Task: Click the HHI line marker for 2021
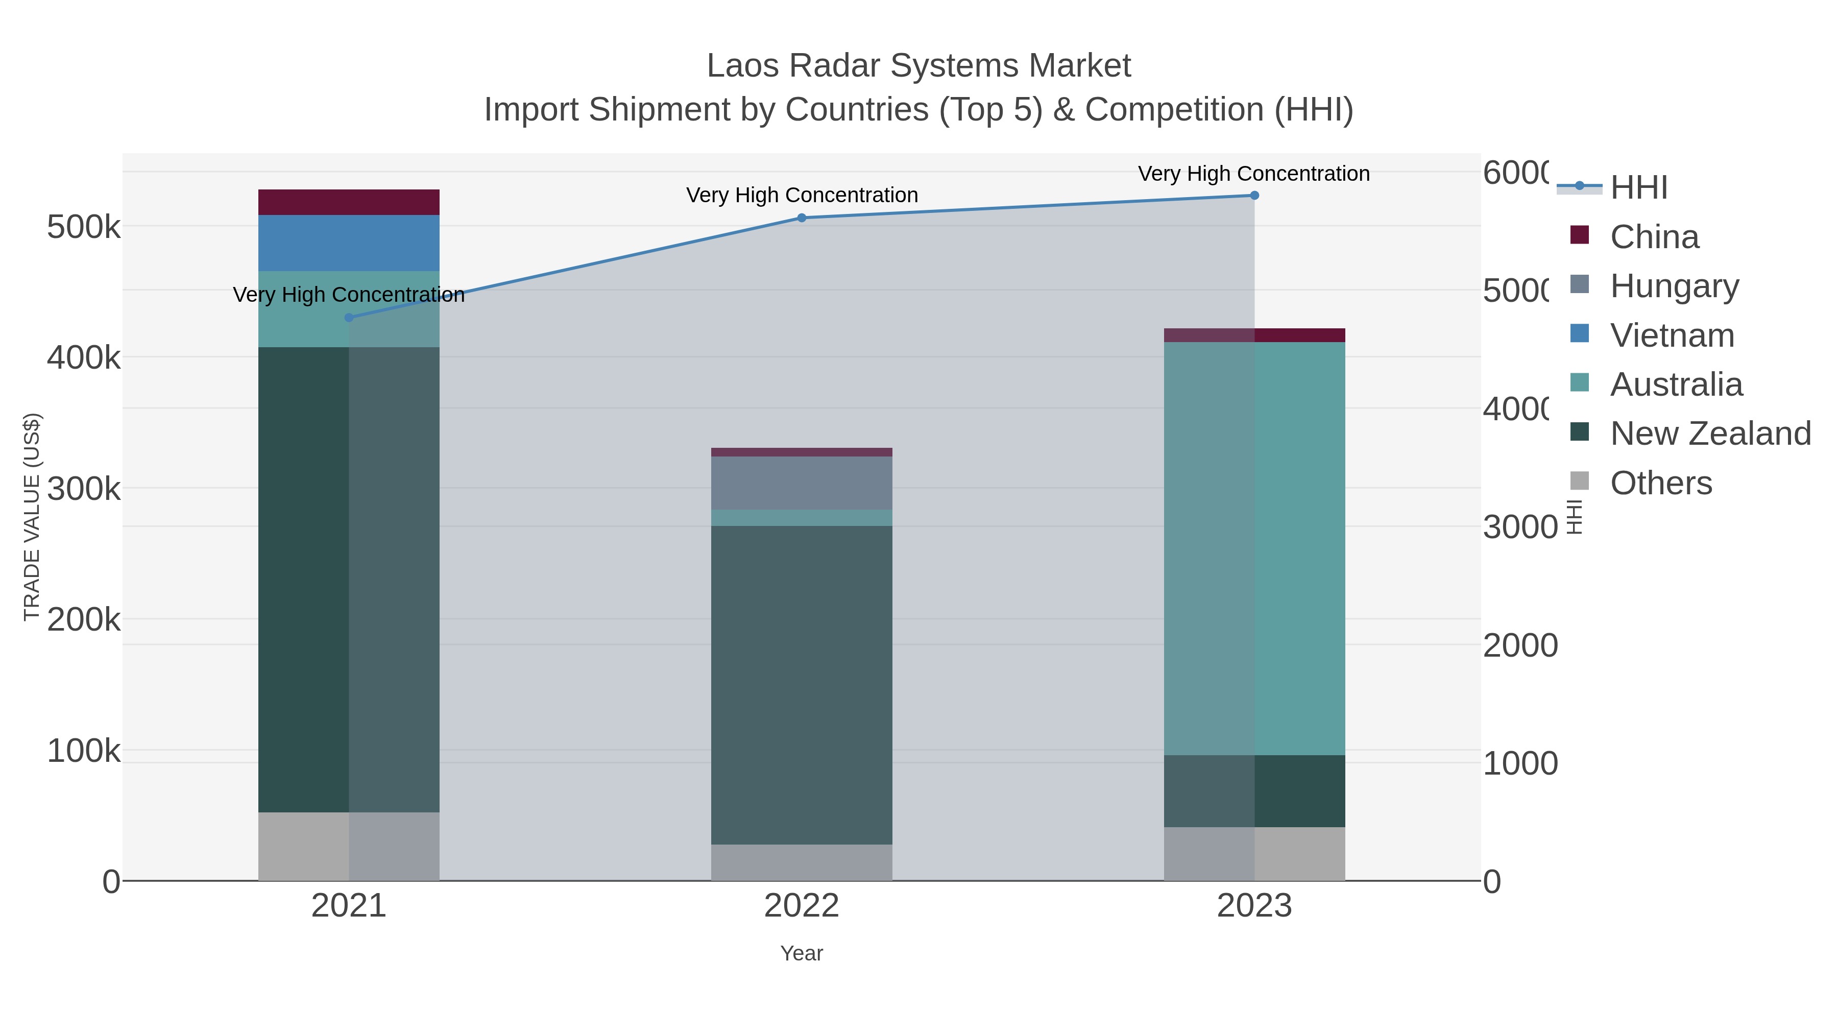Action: point(349,318)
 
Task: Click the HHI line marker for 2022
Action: point(801,218)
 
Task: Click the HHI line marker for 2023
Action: point(1254,196)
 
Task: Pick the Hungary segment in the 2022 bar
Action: point(801,483)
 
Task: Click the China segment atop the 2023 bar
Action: point(1254,335)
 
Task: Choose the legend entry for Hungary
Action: point(1674,286)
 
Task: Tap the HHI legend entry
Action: point(1638,188)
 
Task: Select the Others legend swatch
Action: point(1580,482)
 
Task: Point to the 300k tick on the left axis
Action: point(84,490)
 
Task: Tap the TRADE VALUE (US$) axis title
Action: point(31,517)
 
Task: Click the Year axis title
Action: point(801,953)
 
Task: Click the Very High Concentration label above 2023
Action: point(1253,174)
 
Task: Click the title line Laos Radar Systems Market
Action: point(918,66)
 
